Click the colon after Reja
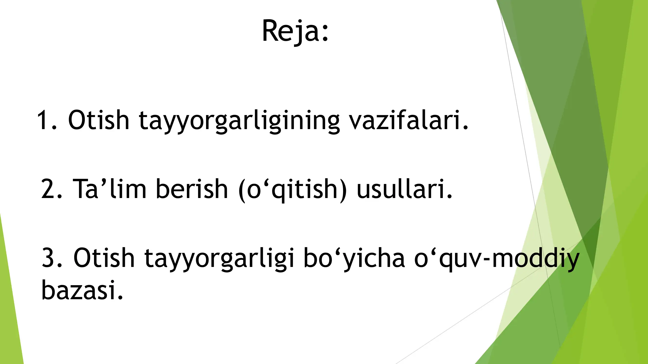tap(325, 33)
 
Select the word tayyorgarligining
tap(239, 121)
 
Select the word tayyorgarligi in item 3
tap(219, 259)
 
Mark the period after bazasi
tap(121, 298)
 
